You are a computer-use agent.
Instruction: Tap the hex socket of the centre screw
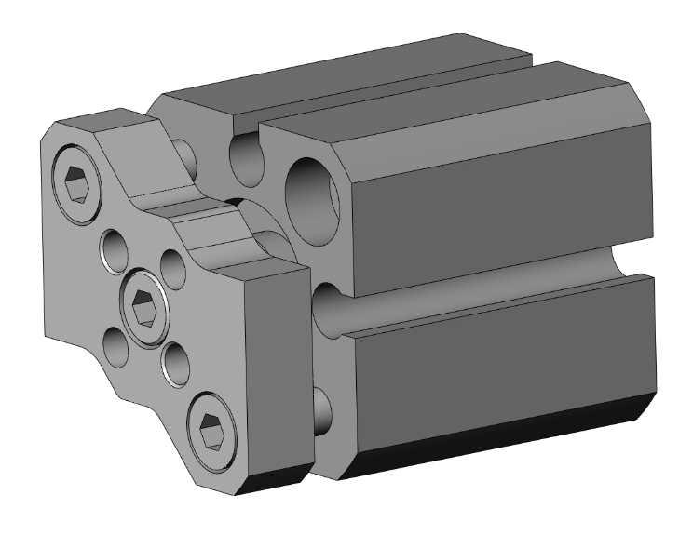[x=143, y=302]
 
